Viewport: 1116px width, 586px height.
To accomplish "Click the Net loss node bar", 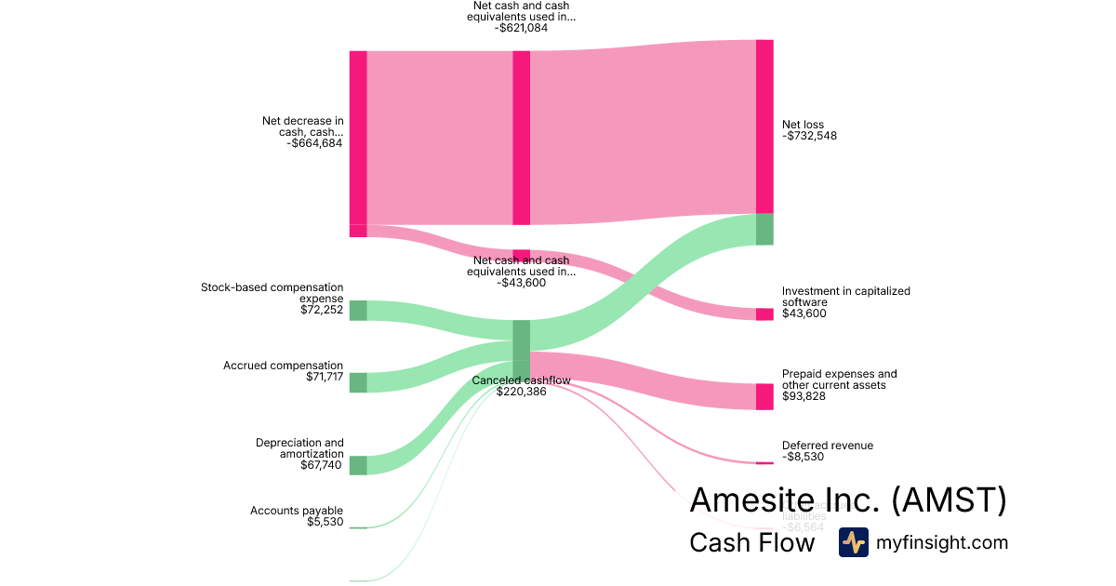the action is [x=764, y=127].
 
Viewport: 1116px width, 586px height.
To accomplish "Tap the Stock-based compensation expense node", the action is [x=358, y=311].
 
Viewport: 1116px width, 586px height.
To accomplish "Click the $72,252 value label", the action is [x=316, y=310].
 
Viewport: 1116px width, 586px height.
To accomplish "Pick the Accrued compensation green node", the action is [x=358, y=382].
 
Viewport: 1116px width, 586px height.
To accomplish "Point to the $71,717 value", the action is [x=325, y=378].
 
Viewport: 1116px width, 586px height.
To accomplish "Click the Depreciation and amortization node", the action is [x=358, y=465].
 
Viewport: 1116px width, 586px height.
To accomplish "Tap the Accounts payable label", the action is [x=297, y=511].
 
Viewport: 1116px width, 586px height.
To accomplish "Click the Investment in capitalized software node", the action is [x=764, y=314].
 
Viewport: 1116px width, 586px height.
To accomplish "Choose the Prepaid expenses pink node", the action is [x=764, y=396].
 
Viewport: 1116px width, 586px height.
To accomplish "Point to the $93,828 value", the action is [x=804, y=396].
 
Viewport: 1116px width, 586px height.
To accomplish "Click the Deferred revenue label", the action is [x=827, y=446].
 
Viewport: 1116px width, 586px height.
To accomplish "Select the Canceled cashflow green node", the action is [x=522, y=350].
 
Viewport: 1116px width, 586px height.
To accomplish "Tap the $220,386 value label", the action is [x=521, y=392].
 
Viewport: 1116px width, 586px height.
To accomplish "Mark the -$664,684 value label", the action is [x=316, y=143].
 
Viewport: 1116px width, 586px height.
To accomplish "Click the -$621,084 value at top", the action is [x=522, y=28].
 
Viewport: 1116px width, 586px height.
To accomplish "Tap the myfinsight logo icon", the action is [x=853, y=542].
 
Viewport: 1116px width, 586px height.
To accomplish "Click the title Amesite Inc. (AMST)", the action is [x=847, y=500].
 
